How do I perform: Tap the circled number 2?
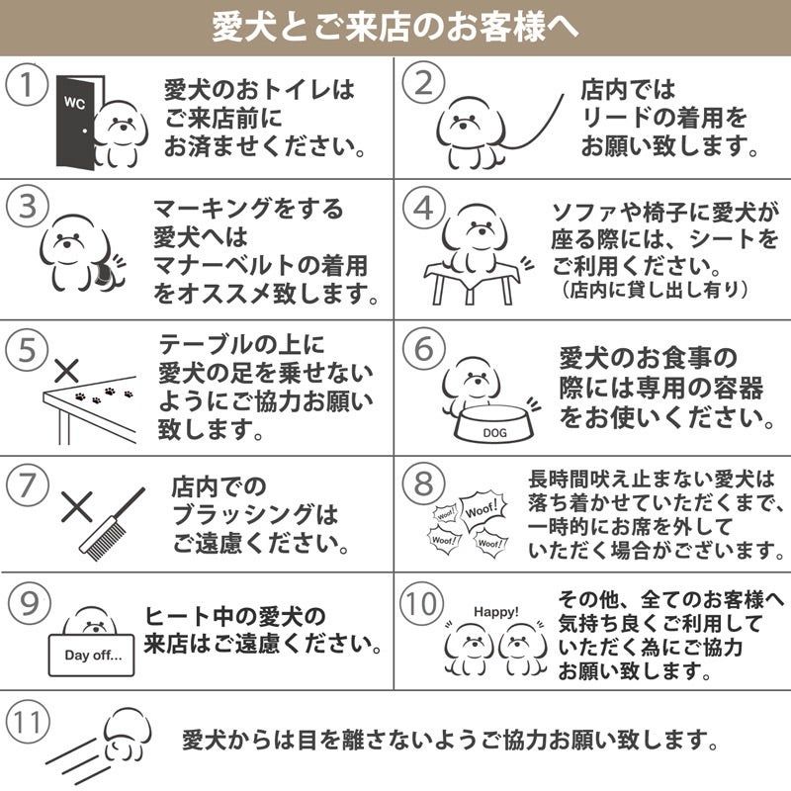(424, 84)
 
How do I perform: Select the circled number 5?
(28, 350)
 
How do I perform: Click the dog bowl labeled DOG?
(494, 423)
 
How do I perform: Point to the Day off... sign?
(91, 655)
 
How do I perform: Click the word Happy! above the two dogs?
(496, 612)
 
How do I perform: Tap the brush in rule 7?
(112, 525)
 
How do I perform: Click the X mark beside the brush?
(77, 506)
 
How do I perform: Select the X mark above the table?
(66, 372)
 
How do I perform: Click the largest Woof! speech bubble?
(483, 509)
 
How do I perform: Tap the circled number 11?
(28, 723)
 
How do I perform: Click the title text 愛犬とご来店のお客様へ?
(395, 27)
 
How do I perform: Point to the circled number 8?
(424, 483)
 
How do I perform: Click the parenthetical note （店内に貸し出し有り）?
(655, 290)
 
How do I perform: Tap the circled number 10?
(423, 604)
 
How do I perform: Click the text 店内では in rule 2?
(628, 90)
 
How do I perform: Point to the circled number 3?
(28, 207)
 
